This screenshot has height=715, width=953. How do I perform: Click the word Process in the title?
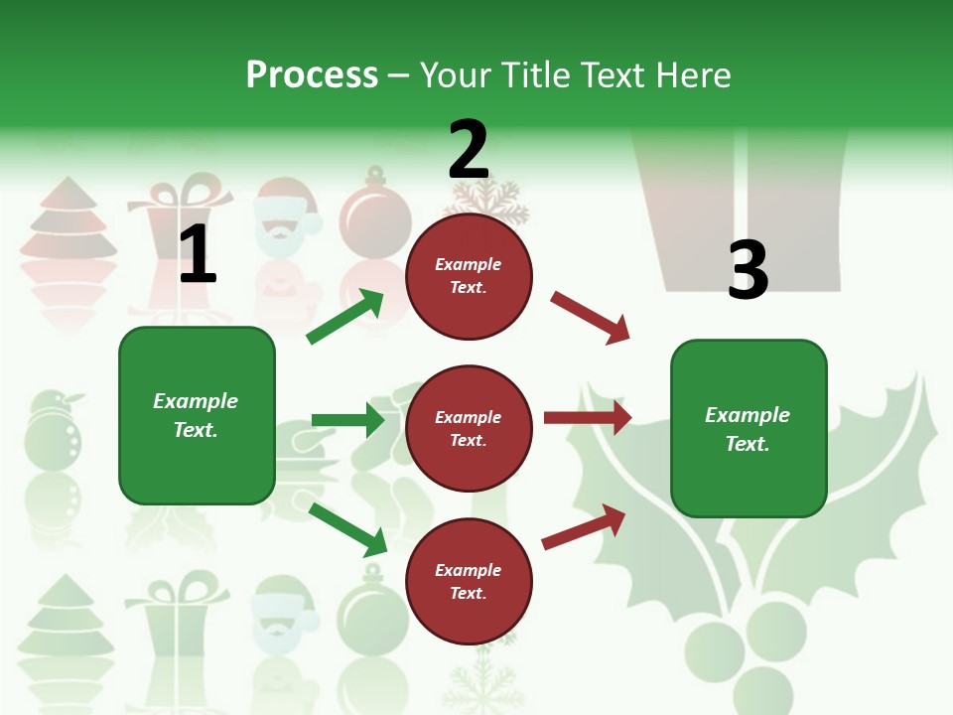tap(312, 75)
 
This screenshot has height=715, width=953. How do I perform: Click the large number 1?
tap(198, 254)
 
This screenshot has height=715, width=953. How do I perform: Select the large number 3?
tap(748, 270)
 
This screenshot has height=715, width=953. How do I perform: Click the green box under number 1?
tap(197, 415)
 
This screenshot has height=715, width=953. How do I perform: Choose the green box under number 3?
tap(749, 428)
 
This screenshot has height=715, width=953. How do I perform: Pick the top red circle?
tap(469, 276)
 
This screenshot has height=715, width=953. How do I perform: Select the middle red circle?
tap(469, 428)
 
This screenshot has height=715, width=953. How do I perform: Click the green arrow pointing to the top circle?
tap(345, 317)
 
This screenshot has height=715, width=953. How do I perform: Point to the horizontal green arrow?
tap(347, 420)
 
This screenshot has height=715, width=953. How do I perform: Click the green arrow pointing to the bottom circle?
tap(348, 529)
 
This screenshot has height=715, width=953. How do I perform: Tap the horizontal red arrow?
tap(588, 418)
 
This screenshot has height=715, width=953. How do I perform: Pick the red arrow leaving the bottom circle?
tap(584, 526)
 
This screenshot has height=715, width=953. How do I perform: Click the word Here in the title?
tap(692, 75)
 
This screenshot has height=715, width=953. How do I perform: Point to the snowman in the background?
tap(53, 437)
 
